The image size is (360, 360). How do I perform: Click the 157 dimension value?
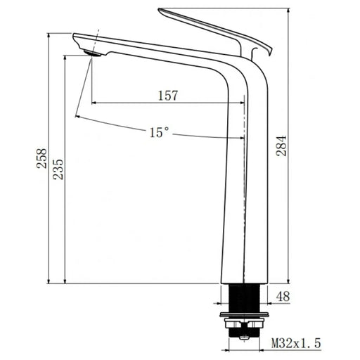coord(167,95)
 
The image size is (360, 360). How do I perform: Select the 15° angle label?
coord(158,131)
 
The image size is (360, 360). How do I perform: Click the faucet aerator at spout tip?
coord(90,51)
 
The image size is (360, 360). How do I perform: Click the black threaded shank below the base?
coord(243,296)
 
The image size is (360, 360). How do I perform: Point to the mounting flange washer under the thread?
coord(243,313)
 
